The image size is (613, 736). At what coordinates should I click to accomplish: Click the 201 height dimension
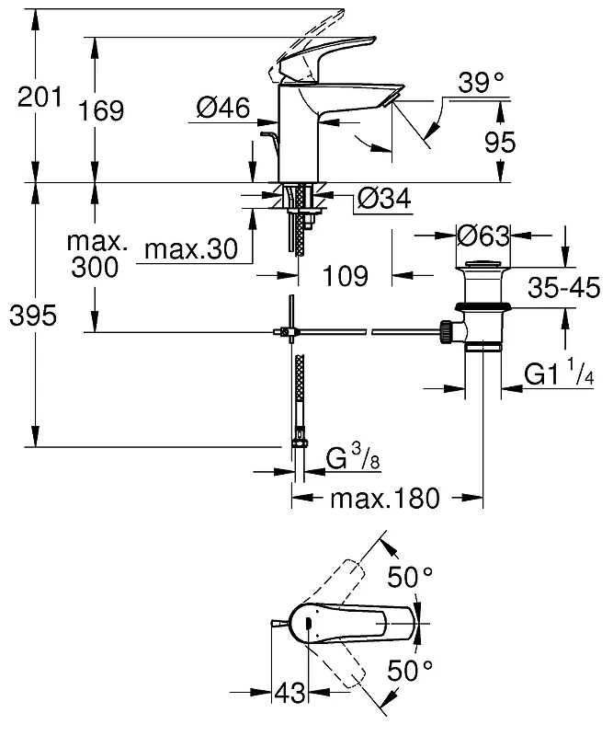(40, 98)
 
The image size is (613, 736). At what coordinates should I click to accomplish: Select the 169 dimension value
(101, 110)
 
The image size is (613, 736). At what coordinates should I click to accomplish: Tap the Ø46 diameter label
(223, 108)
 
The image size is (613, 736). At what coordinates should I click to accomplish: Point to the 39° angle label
(481, 83)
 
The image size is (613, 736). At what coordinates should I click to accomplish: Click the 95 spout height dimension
(500, 142)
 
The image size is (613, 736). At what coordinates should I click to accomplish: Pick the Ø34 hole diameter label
(384, 198)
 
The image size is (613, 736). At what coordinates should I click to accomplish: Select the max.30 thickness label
(191, 248)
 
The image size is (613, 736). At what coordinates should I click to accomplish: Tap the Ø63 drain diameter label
(483, 236)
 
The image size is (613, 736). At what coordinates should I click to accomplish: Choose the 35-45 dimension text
(563, 287)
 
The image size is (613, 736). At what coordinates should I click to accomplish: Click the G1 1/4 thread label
(559, 374)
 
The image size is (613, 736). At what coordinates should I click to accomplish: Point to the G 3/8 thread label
(353, 457)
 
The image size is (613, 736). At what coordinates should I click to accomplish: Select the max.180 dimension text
(385, 498)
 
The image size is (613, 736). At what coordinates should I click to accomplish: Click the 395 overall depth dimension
(33, 315)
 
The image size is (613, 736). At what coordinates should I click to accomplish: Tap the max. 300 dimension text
(97, 255)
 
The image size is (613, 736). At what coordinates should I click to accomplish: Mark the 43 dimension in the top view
(289, 692)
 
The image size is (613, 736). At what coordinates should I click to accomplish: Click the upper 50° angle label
(410, 577)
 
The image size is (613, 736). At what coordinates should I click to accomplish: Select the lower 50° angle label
(410, 670)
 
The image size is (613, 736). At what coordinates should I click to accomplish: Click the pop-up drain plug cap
(483, 264)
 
